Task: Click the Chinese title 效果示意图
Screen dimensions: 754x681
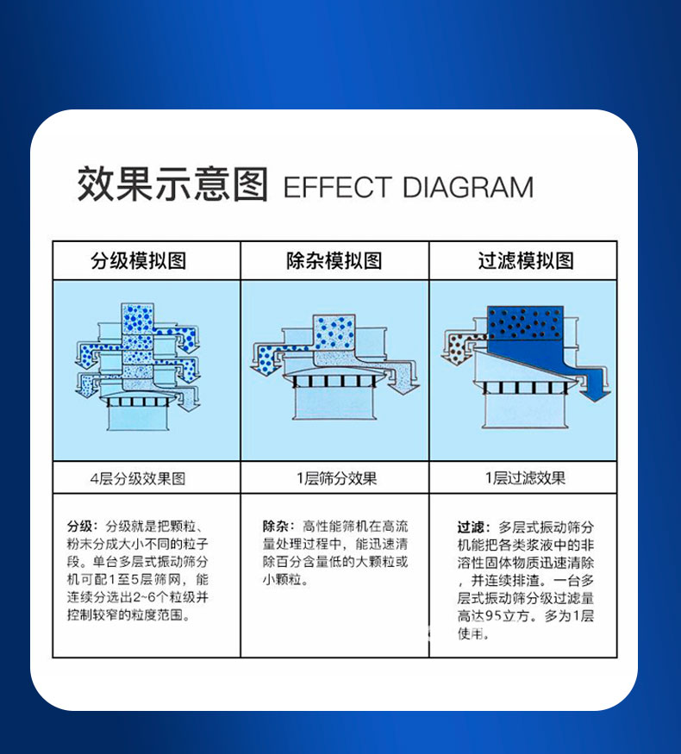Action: [173, 184]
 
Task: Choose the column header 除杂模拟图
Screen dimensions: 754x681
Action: [334, 261]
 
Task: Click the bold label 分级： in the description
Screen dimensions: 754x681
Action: [83, 526]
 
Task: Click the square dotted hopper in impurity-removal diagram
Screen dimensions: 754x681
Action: [334, 332]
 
